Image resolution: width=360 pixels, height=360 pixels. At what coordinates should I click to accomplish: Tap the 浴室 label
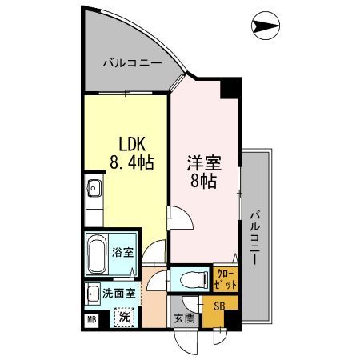tap(125, 253)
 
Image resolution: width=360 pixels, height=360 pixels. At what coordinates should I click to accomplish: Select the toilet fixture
tap(189, 279)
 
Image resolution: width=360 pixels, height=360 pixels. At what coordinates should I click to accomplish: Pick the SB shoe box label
tap(218, 305)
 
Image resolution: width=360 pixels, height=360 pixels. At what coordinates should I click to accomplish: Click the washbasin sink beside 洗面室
tap(93, 292)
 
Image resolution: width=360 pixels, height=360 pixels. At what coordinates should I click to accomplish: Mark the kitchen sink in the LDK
tap(93, 190)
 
